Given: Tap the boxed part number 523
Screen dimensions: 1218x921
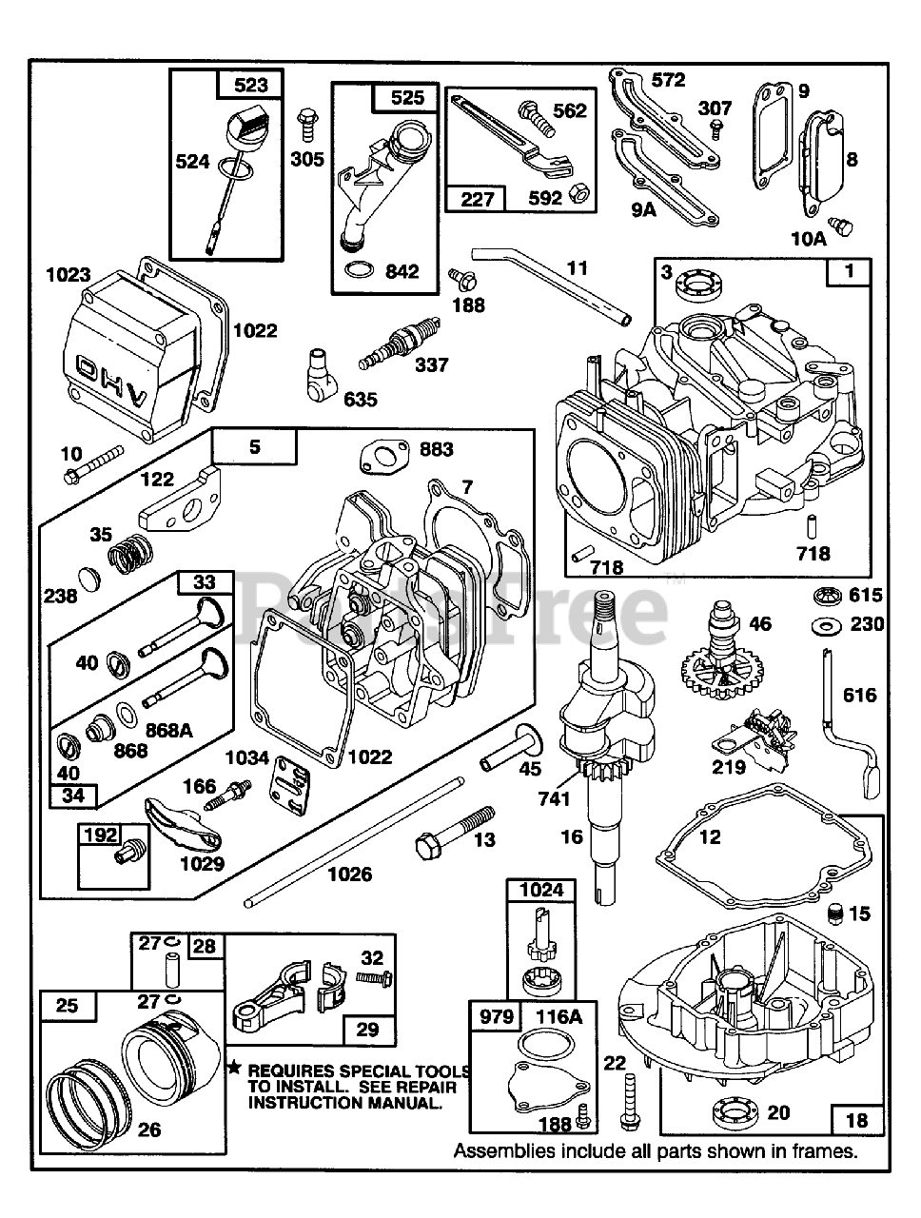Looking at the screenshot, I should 250,85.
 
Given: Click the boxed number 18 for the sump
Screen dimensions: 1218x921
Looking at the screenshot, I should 856,1119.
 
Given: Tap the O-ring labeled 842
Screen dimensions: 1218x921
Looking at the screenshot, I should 358,270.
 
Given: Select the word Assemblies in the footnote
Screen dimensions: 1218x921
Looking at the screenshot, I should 503,1150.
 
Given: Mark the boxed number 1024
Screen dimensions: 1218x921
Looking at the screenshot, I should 539,890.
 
